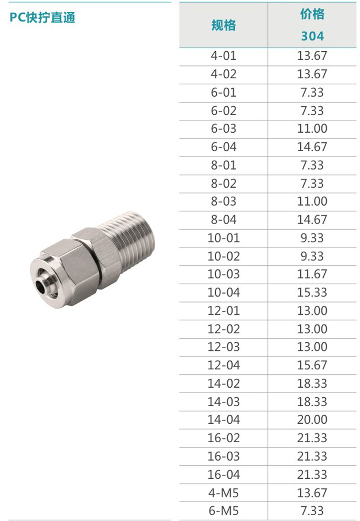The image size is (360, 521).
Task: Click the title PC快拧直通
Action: (x=42, y=18)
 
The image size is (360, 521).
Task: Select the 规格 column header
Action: (x=223, y=25)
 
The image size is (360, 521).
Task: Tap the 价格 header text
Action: (x=312, y=14)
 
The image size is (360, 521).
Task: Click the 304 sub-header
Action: (x=312, y=36)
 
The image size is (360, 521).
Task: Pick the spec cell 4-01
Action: (x=223, y=56)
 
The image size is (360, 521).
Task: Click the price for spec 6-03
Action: (x=312, y=129)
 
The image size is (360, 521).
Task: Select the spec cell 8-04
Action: (x=223, y=220)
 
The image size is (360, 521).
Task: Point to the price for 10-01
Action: (x=312, y=238)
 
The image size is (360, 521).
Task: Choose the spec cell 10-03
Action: (x=223, y=274)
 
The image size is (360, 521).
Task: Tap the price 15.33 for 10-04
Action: (x=312, y=292)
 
